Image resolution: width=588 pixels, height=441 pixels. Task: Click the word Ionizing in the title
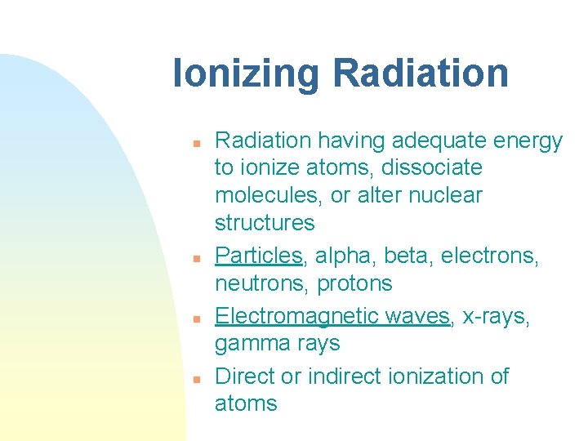pos(247,74)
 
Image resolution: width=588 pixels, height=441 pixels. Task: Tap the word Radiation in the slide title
pos(421,73)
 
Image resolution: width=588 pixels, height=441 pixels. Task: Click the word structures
pos(265,223)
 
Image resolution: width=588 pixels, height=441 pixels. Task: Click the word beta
pos(408,256)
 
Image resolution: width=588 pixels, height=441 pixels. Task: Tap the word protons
pos(359,284)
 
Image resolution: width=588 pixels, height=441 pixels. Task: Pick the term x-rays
pos(495,316)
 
